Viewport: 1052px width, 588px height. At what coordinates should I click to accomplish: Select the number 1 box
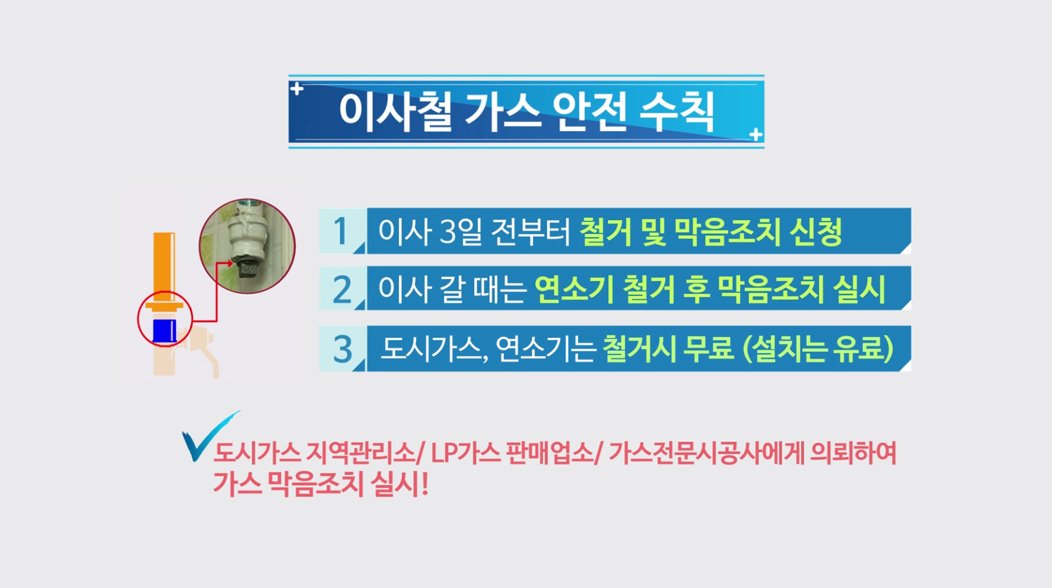pos(342,231)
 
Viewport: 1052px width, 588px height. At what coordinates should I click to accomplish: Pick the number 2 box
pos(342,289)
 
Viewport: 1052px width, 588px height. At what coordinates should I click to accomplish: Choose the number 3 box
pos(342,349)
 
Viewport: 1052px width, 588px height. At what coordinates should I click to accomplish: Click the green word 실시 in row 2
pos(859,289)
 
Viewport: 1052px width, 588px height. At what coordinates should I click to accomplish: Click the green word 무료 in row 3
pos(708,349)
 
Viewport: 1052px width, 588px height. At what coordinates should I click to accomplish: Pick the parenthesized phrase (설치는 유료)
pos(818,349)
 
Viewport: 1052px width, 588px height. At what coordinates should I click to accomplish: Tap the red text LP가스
pos(466,453)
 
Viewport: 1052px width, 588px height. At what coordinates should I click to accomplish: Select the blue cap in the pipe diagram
pos(164,330)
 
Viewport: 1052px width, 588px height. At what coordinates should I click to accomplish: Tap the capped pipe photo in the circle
pos(248,246)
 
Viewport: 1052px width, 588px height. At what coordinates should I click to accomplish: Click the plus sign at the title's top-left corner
pos(297,88)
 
